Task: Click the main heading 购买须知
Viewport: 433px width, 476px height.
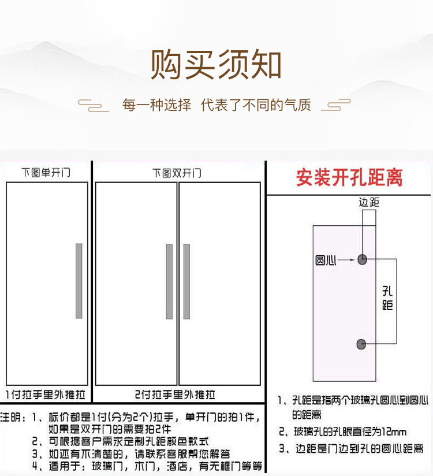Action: point(216,65)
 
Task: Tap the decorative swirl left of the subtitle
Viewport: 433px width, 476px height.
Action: point(93,105)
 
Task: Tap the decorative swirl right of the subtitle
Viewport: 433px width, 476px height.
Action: point(336,105)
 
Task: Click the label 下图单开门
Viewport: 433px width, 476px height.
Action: point(46,173)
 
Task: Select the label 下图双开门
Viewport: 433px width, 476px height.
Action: point(177,173)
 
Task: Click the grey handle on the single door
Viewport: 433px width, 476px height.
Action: point(79,281)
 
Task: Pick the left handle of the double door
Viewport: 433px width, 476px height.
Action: point(169,281)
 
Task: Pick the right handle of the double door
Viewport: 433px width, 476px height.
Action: point(186,281)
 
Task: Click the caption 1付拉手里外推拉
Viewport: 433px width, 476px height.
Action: point(46,395)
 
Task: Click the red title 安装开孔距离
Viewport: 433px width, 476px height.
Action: point(349,178)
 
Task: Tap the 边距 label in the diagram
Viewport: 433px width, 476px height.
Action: point(369,202)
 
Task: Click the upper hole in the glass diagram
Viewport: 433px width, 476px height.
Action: point(362,260)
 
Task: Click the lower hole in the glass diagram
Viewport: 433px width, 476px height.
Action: point(362,345)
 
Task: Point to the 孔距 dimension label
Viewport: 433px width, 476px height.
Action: point(387,299)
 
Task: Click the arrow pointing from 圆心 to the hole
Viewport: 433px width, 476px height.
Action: point(347,261)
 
